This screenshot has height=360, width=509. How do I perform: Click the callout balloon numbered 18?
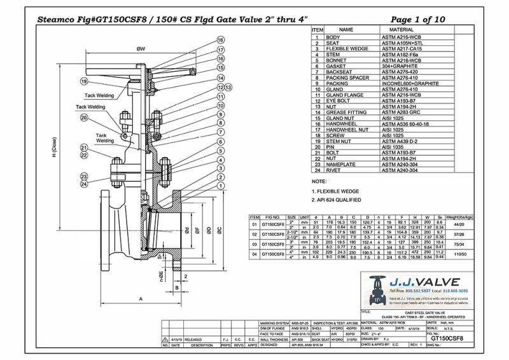tap(220, 40)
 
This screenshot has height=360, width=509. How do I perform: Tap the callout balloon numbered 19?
tap(84, 81)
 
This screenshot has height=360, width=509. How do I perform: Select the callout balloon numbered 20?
tap(220, 116)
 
